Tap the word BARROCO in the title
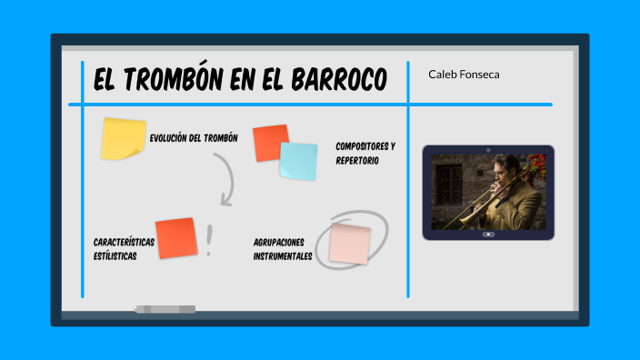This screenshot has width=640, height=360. [x=338, y=80]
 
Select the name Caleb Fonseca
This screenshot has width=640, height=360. [x=464, y=75]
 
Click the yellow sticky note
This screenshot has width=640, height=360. [x=123, y=138]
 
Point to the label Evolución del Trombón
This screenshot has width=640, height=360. [x=194, y=138]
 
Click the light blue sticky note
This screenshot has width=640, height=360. [x=298, y=161]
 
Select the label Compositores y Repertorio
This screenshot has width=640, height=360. [x=365, y=153]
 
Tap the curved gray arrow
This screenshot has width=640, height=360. [x=226, y=178]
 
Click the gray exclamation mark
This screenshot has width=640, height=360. [x=209, y=240]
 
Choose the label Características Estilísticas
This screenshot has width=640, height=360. [x=124, y=249]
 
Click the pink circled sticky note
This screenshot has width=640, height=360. [x=350, y=244]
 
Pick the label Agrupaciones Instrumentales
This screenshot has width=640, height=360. [x=284, y=249]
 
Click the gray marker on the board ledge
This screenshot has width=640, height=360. [x=165, y=309]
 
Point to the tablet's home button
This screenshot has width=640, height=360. [x=488, y=235]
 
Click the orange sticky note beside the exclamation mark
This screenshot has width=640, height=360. [x=176, y=238]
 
